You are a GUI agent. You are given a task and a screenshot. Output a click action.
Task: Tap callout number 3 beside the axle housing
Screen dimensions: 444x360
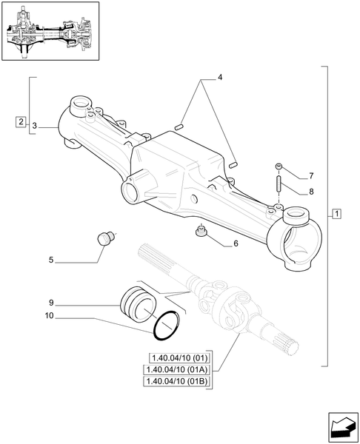tap(35, 127)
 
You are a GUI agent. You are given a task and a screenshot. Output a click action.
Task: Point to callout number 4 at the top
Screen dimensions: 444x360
tap(220, 76)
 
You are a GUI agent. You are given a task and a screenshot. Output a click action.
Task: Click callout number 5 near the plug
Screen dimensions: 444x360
tap(51, 260)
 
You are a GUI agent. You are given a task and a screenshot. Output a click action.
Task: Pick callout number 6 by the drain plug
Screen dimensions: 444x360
tap(236, 243)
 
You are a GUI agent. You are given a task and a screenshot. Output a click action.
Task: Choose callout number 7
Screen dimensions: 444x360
tap(311, 176)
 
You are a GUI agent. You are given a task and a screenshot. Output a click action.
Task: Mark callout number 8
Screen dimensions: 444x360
tap(311, 192)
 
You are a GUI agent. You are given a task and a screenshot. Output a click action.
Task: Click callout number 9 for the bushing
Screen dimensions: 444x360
tap(51, 303)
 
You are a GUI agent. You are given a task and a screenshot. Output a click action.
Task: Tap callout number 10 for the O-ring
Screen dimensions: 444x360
tap(49, 317)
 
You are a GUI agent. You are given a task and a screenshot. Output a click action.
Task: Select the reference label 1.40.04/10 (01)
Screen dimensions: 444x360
tap(180, 357)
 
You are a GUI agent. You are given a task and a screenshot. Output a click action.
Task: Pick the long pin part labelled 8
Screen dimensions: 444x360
tap(278, 184)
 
